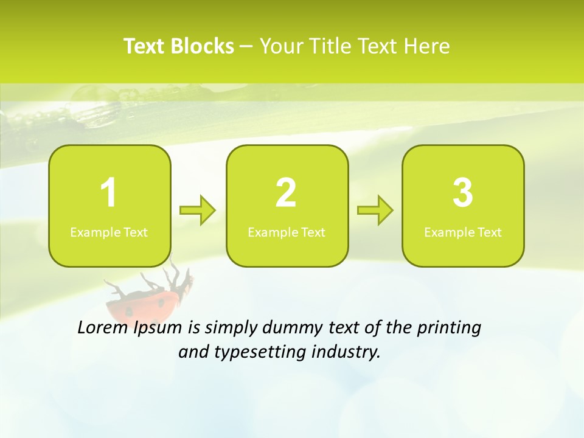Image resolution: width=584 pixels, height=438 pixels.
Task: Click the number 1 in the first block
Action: point(108,193)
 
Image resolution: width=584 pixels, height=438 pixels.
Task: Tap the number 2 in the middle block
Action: point(286,193)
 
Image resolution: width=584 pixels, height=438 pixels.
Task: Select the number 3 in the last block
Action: point(463,193)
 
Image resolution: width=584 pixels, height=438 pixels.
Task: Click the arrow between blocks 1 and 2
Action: point(198,210)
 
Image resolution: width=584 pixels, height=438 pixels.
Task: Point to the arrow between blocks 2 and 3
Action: point(375,210)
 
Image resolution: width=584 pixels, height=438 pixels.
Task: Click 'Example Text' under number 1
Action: point(109,232)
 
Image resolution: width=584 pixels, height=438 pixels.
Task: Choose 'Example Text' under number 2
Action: point(287,232)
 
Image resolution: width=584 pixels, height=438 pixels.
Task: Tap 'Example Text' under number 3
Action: point(463,232)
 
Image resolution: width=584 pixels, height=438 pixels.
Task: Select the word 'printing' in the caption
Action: point(448,328)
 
